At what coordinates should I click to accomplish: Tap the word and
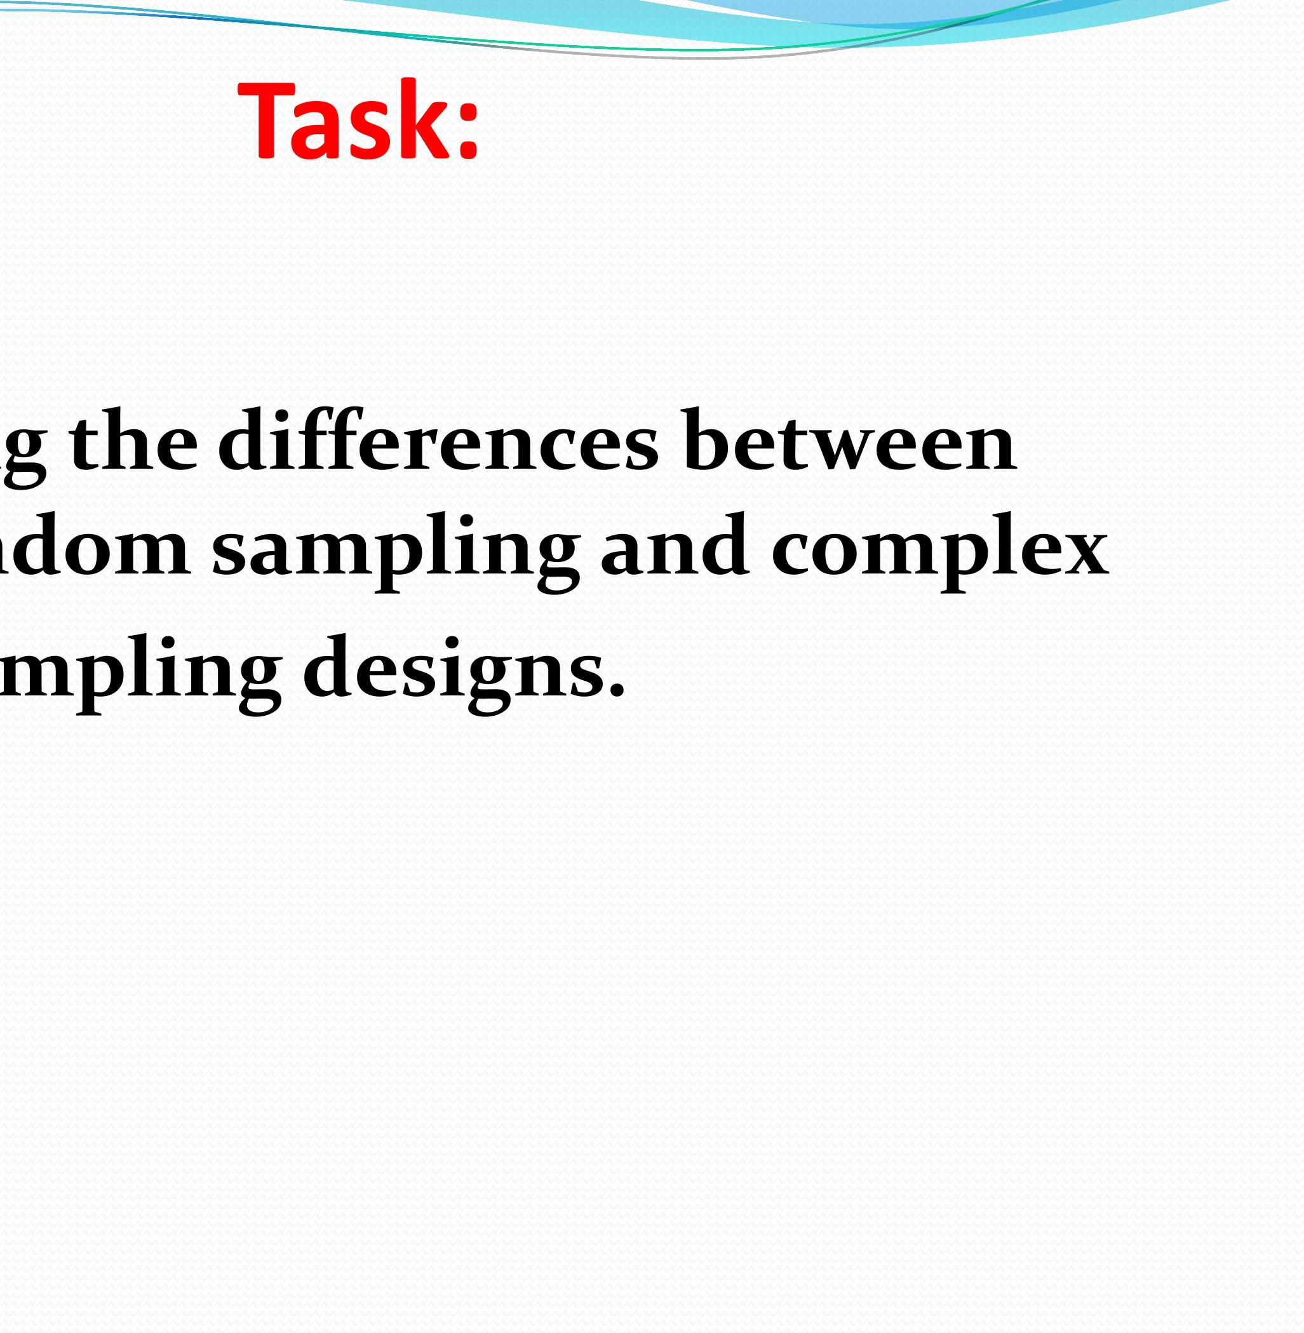tap(674, 544)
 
